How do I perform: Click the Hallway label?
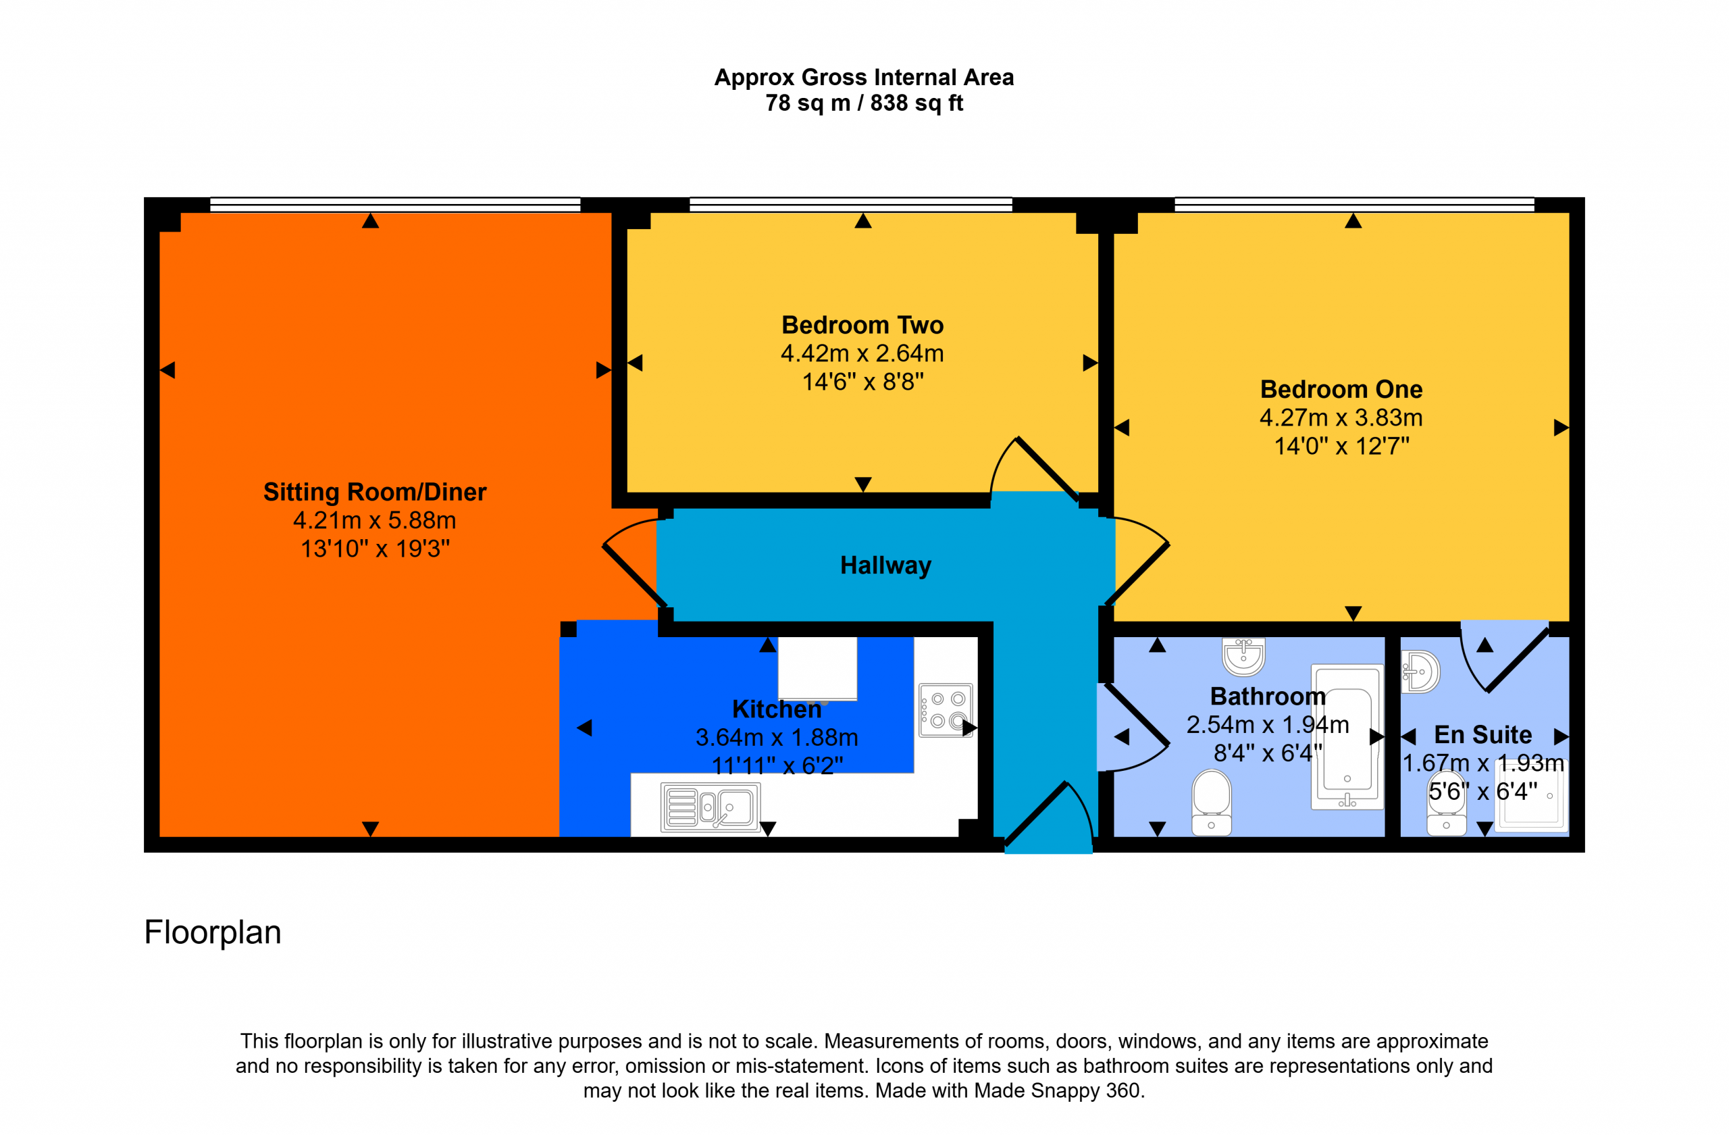[885, 565]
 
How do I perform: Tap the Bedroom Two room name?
[862, 325]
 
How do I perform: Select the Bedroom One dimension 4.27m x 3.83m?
[1341, 418]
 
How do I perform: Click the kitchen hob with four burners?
[945, 710]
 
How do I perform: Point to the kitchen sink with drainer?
[710, 807]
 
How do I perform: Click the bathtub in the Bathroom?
[1347, 736]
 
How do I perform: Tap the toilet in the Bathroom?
[1211, 803]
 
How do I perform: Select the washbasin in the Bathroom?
[1243, 656]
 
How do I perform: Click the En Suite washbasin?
[1420, 672]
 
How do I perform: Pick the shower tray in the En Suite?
[1531, 795]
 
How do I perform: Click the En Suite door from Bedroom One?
[1504, 657]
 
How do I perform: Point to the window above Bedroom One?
[1354, 204]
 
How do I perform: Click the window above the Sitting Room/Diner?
[395, 204]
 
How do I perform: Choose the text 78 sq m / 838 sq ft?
[864, 103]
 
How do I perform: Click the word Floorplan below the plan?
[212, 932]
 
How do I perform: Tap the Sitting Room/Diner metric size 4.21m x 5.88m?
[374, 520]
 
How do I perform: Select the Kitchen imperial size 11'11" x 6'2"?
[777, 765]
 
